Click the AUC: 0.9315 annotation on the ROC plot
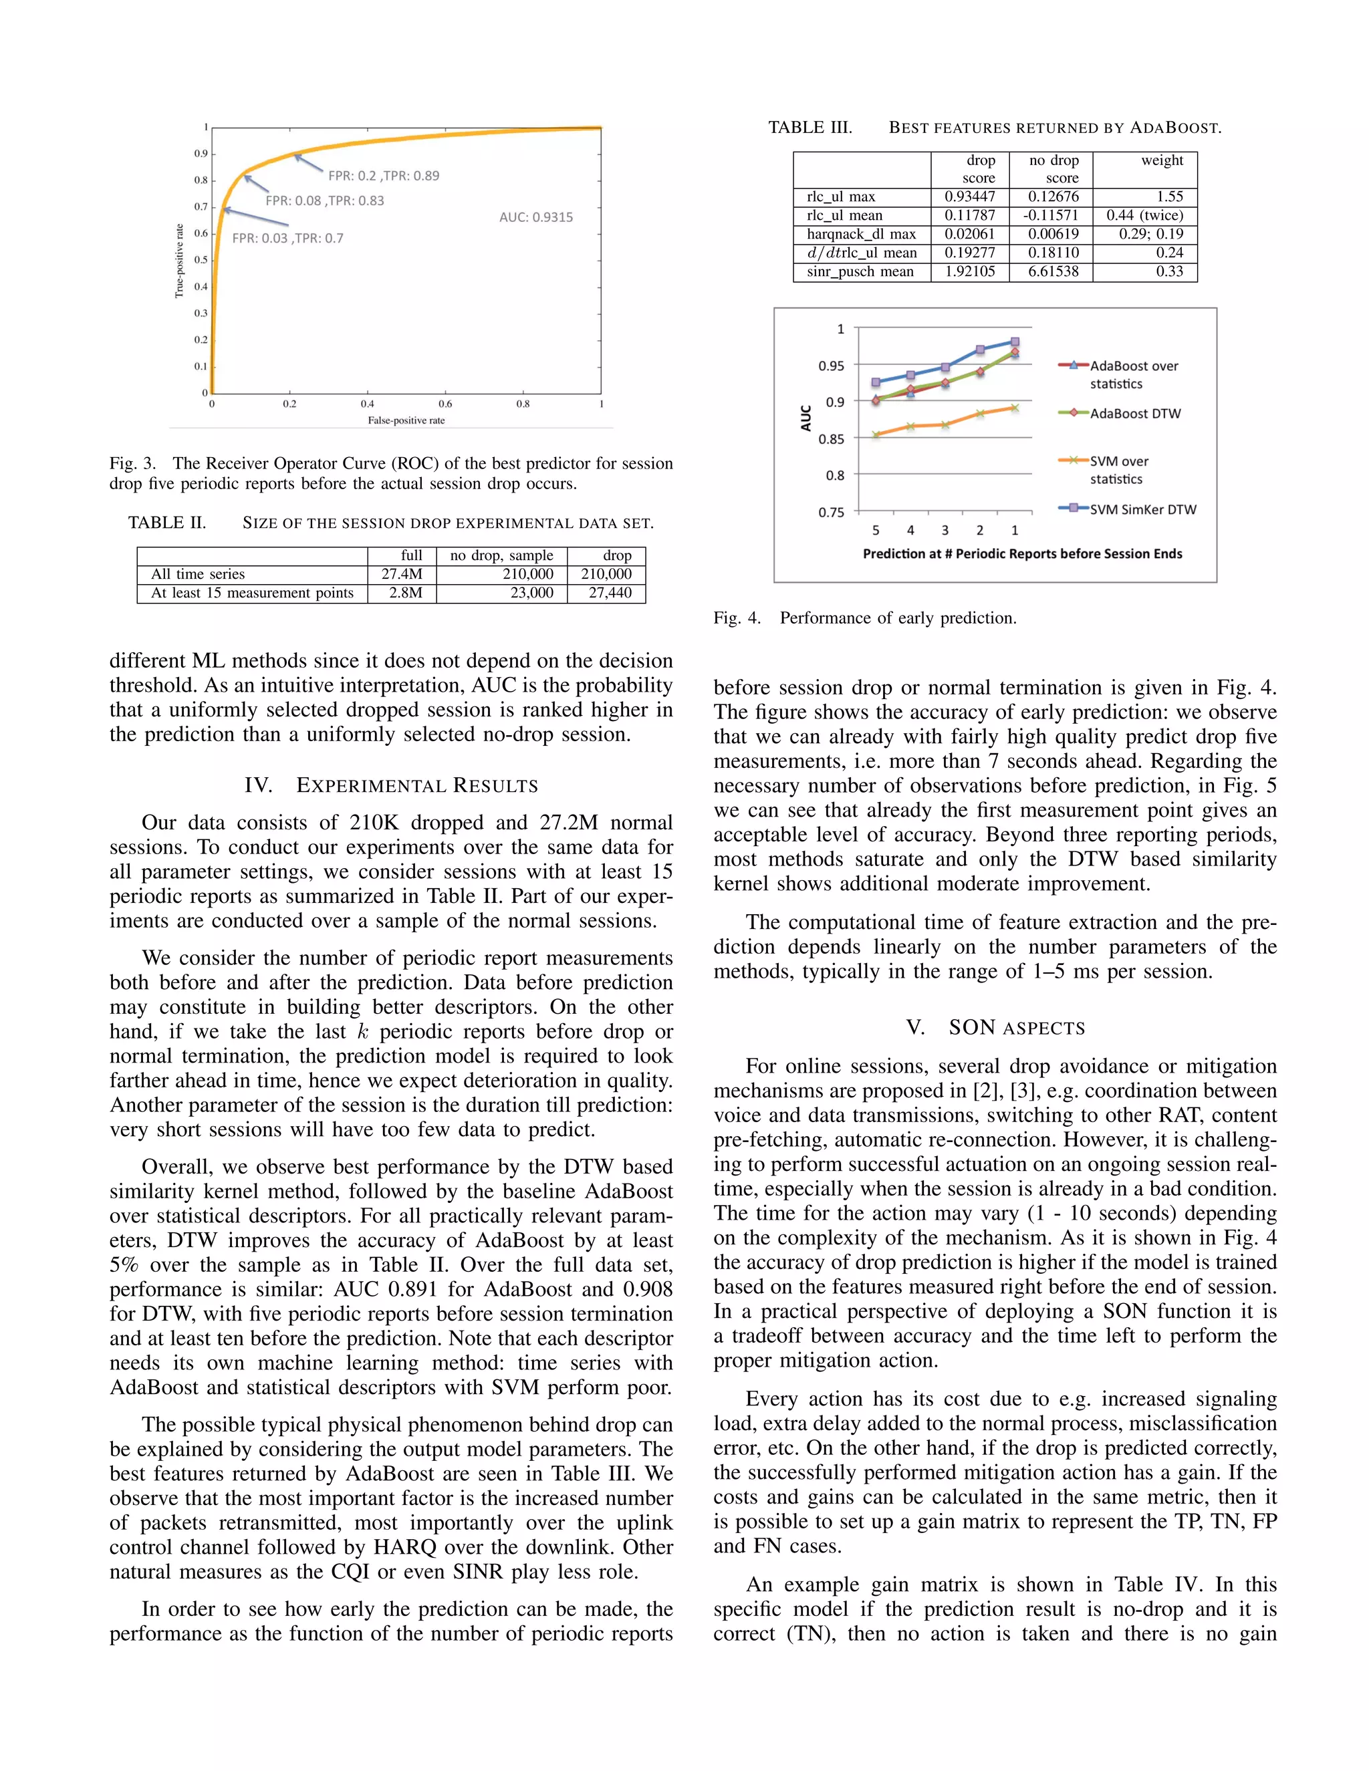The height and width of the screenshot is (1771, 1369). pyautogui.click(x=536, y=217)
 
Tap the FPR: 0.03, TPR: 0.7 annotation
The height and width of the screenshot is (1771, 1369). pyautogui.click(x=288, y=239)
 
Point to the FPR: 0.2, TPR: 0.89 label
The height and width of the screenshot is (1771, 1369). pyautogui.click(x=384, y=176)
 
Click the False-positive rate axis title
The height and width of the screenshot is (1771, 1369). pyautogui.click(x=406, y=420)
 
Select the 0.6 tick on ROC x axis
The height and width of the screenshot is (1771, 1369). pyautogui.click(x=445, y=404)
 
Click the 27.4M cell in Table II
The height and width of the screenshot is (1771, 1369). pyautogui.click(x=402, y=574)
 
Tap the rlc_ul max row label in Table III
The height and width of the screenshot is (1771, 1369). pyautogui.click(x=841, y=197)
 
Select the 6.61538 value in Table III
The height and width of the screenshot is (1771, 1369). pyautogui.click(x=1053, y=271)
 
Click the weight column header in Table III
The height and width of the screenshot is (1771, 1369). pyautogui.click(x=1162, y=160)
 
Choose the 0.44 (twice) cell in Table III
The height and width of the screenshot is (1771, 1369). pyautogui.click(x=1145, y=216)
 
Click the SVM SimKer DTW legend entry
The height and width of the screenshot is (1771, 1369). pyautogui.click(x=1142, y=509)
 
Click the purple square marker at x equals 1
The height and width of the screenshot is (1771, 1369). pyautogui.click(x=1015, y=342)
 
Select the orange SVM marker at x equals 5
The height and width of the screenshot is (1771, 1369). pyautogui.click(x=876, y=434)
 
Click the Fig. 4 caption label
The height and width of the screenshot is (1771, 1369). pyautogui.click(x=737, y=618)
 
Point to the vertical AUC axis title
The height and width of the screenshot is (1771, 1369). pyautogui.click(x=805, y=418)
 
